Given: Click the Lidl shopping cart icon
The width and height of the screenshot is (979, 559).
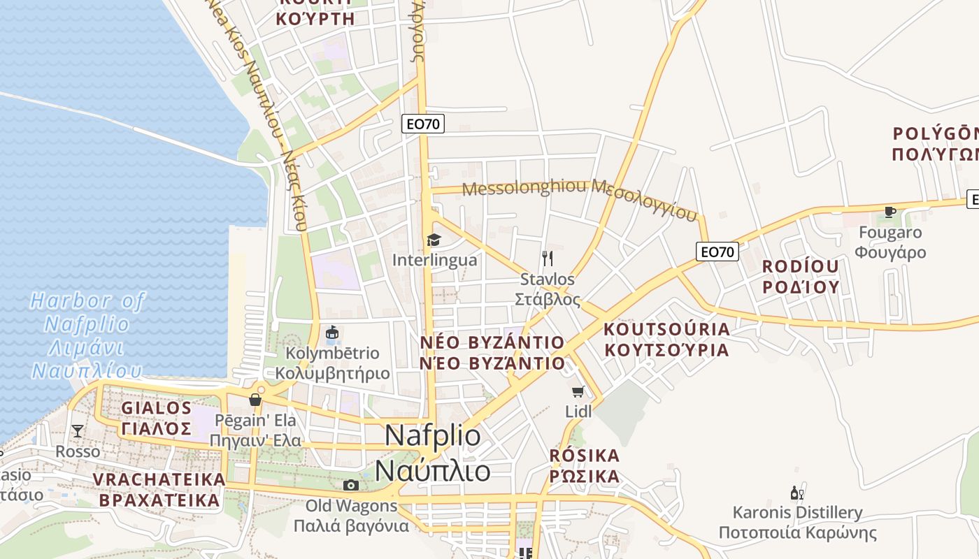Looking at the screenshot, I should pos(578,391).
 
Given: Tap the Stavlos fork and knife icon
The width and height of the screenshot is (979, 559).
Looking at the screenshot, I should pos(548,259).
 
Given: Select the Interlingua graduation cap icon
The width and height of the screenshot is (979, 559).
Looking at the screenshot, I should pos(434,240).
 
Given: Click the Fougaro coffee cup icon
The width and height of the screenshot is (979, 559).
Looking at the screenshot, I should pos(890,212).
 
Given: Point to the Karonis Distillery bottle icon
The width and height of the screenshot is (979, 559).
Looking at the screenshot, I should pos(796,493).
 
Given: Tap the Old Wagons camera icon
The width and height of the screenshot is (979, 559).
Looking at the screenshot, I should pos(351,485).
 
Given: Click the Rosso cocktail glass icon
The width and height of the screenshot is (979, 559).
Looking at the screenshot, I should pos(78,431).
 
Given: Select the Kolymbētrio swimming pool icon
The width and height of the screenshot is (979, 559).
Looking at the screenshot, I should pos(332,333).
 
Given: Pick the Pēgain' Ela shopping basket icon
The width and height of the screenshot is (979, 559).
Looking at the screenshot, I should pos(255,400).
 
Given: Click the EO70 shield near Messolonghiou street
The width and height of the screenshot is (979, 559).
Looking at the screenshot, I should pos(424,124).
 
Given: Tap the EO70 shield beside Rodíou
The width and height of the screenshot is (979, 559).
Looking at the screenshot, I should pos(717,252).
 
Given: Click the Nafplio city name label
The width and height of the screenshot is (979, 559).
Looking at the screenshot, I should pos(433,453).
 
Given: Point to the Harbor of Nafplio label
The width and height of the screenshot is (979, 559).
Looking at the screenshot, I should pos(87,335).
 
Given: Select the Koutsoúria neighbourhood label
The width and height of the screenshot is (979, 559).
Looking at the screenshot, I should pos(666,339).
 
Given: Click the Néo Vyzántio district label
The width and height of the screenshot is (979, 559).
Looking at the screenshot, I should pos(492,352).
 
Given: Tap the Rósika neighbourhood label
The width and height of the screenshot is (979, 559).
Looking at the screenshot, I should pos(585,466).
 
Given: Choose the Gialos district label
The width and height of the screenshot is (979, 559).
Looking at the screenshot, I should pos(157,417).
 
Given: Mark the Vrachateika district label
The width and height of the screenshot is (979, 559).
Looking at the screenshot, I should pos(159,490).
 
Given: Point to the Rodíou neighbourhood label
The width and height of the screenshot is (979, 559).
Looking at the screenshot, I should pos(800,276).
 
